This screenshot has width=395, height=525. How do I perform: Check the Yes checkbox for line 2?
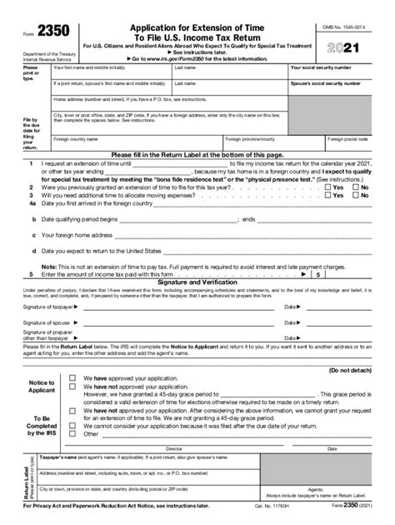click(x=327, y=187)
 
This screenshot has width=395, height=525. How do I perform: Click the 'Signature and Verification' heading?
click(x=197, y=280)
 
